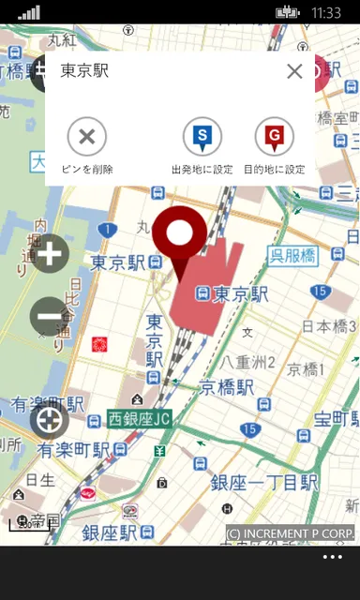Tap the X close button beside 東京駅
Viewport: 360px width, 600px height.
click(x=294, y=71)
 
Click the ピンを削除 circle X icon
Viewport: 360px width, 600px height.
click(x=87, y=137)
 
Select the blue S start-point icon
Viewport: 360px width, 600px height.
click(x=202, y=137)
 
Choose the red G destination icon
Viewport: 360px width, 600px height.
click(x=275, y=137)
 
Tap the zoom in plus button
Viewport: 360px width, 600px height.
click(x=50, y=253)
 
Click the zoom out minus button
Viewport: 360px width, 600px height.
click(x=50, y=316)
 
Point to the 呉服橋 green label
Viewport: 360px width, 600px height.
click(x=292, y=255)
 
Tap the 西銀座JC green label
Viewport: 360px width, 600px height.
click(x=139, y=419)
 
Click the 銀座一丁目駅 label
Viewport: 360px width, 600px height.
click(x=263, y=483)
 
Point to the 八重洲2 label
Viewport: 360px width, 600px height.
click(x=248, y=362)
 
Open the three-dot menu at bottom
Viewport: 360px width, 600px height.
click(x=332, y=557)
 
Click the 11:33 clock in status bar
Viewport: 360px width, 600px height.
click(x=325, y=12)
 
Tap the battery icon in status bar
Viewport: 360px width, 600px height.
click(x=287, y=12)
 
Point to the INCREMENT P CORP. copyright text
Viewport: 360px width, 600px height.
click(x=291, y=533)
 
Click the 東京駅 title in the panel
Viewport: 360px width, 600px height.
click(x=84, y=71)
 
